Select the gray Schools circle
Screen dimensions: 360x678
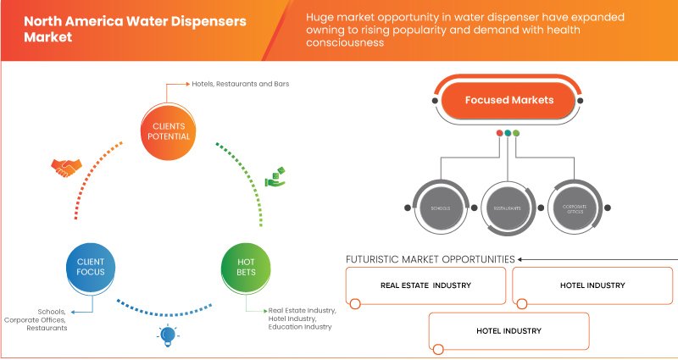441,207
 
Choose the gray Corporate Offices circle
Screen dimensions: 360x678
574,207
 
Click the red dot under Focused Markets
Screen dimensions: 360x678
499,133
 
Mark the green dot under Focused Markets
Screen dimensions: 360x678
516,133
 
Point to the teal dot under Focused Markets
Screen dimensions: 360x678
508,133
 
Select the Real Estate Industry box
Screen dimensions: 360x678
425,285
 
